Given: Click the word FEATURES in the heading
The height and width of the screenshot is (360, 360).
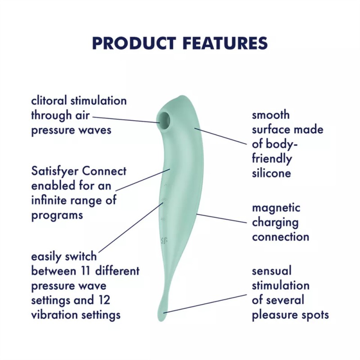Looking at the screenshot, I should click(225, 43).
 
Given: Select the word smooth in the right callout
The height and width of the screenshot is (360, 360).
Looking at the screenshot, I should click(271, 115).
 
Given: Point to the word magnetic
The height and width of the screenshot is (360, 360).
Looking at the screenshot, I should click(276, 208).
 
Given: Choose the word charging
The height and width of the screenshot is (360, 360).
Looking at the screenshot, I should click(275, 222).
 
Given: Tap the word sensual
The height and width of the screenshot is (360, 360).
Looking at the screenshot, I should click(272, 271).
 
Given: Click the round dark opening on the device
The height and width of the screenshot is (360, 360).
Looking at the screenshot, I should click(164, 118).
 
